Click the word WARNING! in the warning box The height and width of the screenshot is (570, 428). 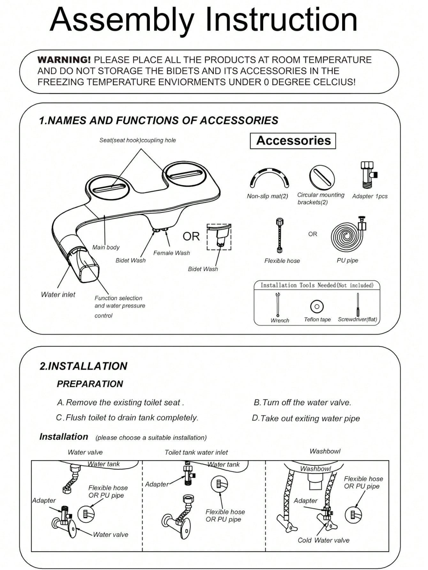pyautogui.click(x=64, y=60)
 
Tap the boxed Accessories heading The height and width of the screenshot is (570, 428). pyautogui.click(x=293, y=141)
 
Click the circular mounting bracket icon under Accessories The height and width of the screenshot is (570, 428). pyautogui.click(x=322, y=178)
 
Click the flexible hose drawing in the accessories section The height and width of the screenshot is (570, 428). pyautogui.click(x=279, y=235)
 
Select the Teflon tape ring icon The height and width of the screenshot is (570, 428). pyautogui.click(x=317, y=307)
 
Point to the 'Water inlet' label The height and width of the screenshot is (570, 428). pyautogui.click(x=58, y=295)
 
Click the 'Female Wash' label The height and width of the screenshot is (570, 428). pyautogui.click(x=172, y=253)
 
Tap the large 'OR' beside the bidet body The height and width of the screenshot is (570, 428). pyautogui.click(x=191, y=237)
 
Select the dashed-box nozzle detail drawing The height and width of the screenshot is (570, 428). pyautogui.click(x=219, y=237)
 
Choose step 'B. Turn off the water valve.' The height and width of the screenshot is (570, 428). pyautogui.click(x=302, y=402)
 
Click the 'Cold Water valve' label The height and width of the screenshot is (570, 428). pyautogui.click(x=323, y=540)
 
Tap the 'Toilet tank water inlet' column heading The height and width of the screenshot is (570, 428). pyautogui.click(x=196, y=452)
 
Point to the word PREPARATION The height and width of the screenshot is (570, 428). pyautogui.click(x=90, y=384)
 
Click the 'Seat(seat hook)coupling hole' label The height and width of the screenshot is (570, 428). pyautogui.click(x=137, y=140)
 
